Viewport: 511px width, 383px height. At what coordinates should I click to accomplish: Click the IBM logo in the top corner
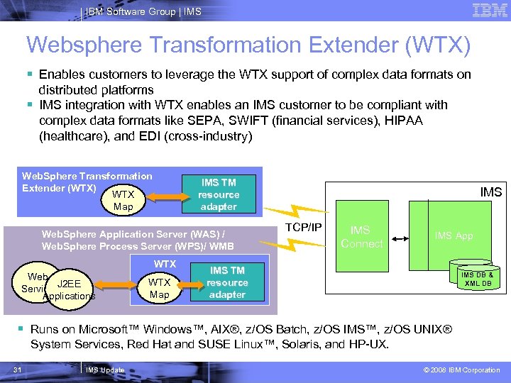click(x=490, y=11)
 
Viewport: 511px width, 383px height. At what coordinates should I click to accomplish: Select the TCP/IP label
click(x=304, y=227)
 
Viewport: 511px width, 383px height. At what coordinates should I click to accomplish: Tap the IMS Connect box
click(x=361, y=237)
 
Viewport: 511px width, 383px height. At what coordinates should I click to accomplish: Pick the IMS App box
click(x=454, y=236)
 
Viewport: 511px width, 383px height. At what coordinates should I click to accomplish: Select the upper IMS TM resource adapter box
click(x=219, y=194)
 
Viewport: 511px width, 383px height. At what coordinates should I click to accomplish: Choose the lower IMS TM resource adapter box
click(x=227, y=282)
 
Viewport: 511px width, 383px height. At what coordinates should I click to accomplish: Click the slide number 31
click(x=18, y=370)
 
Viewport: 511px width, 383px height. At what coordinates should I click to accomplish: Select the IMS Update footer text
click(x=105, y=370)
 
